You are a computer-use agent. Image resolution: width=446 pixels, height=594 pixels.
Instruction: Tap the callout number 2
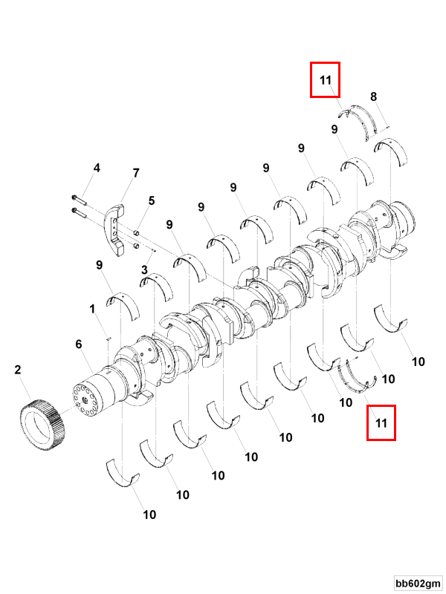click(x=18, y=368)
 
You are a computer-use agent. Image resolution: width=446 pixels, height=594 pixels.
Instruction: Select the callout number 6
click(x=78, y=344)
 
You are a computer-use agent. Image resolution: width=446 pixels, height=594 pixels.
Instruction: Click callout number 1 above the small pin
click(x=93, y=307)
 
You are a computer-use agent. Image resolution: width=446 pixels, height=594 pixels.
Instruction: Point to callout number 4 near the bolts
click(x=96, y=169)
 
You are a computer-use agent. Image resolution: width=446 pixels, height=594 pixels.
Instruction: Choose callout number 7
click(x=136, y=173)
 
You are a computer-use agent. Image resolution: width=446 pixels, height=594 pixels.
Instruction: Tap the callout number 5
click(x=151, y=200)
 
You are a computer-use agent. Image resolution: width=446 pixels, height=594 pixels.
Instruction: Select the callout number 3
click(x=145, y=270)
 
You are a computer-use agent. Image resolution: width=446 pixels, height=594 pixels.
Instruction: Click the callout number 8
click(x=373, y=97)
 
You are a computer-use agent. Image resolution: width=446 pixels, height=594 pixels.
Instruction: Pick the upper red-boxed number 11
click(x=325, y=80)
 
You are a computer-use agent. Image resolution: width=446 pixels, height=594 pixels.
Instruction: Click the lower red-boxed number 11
click(x=381, y=423)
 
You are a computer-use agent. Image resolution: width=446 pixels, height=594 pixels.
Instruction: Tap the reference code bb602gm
click(x=418, y=581)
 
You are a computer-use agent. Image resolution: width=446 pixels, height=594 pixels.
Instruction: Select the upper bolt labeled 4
click(x=80, y=198)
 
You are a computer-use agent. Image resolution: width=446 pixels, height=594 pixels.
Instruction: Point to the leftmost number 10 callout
click(x=149, y=514)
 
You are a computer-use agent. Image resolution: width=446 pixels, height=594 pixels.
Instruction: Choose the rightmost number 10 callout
click(x=418, y=362)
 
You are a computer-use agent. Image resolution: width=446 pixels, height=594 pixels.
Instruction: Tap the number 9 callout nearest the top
click(x=336, y=129)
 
